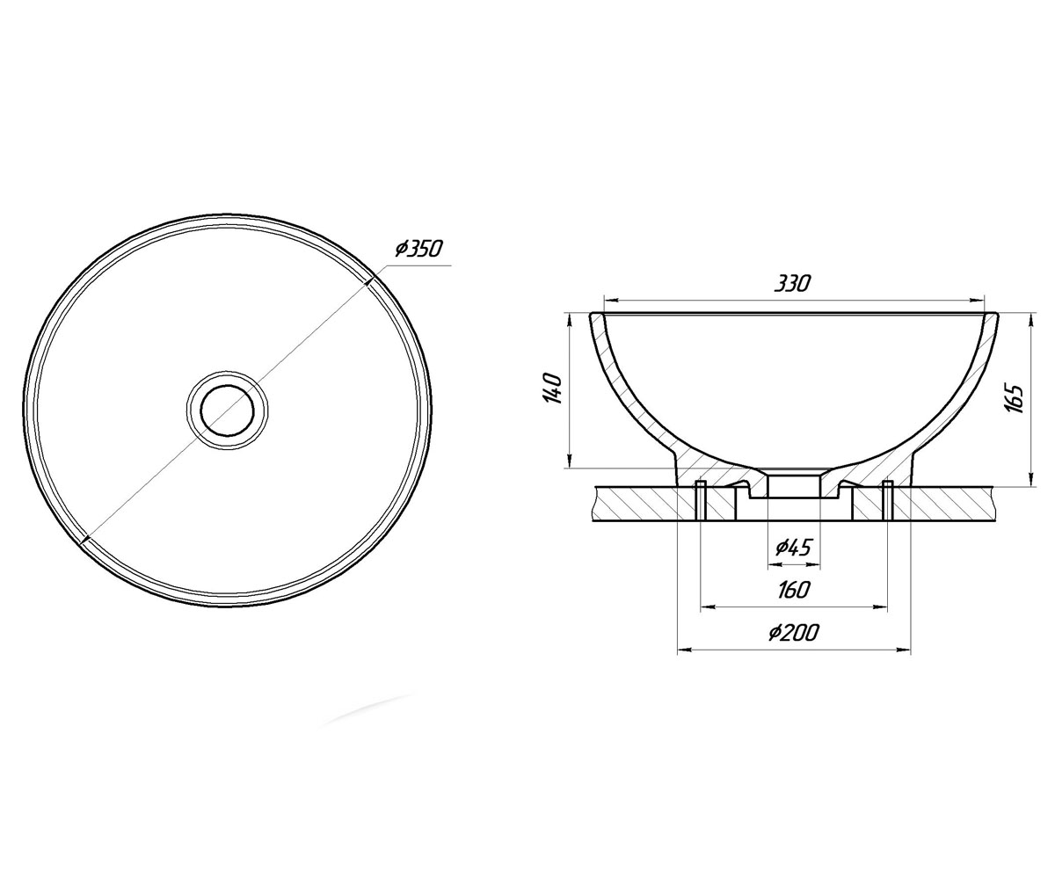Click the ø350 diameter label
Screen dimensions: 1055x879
tap(418, 249)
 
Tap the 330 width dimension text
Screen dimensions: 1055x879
tap(792, 284)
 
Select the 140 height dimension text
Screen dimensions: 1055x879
tap(552, 389)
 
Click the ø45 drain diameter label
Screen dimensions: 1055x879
tap(793, 547)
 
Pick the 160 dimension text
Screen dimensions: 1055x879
tap(793, 590)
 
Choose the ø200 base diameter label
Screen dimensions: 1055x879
tap(792, 632)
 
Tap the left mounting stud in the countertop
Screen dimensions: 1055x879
tap(701, 501)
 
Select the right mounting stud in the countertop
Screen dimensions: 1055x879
tap(888, 501)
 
